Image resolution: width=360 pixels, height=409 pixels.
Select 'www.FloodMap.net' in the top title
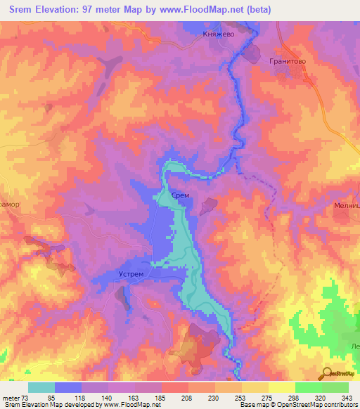(x=205, y=10)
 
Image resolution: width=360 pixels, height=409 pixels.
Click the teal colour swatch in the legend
(x=41, y=387)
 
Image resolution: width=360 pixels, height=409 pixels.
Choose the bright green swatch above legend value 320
(x=309, y=387)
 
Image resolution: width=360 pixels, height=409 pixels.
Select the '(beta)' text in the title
(x=258, y=10)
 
